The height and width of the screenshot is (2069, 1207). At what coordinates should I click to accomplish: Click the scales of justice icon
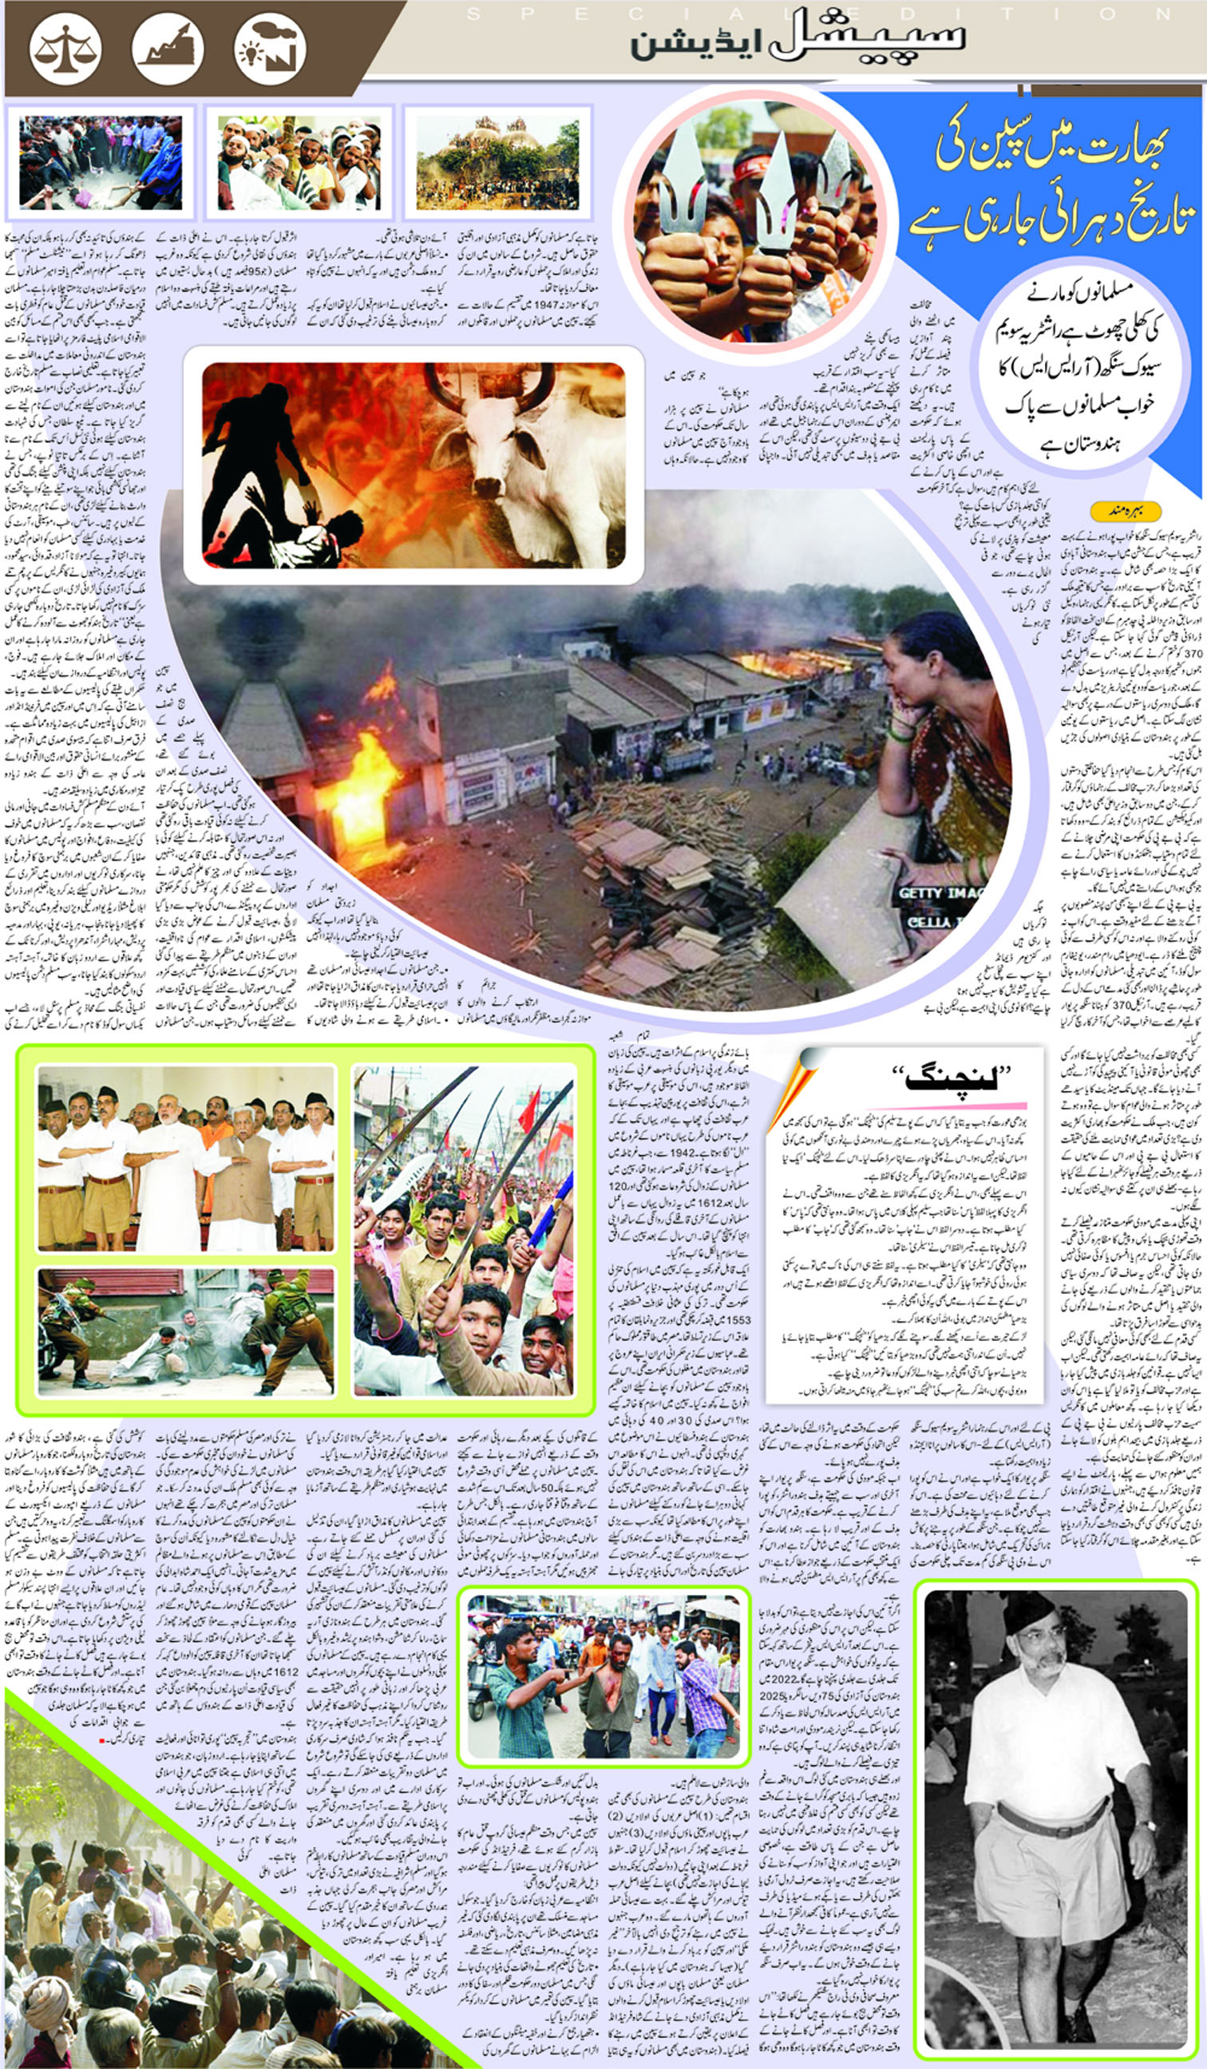(x=65, y=49)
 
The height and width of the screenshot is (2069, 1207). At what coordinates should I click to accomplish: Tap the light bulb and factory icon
(x=269, y=49)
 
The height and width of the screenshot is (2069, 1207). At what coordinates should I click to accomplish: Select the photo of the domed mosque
(x=497, y=161)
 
